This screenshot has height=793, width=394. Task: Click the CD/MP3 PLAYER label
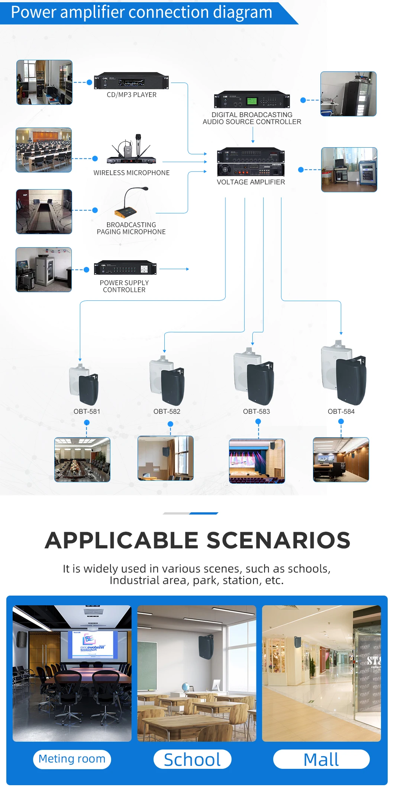pos(132,95)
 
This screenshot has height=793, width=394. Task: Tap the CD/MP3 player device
pos(131,81)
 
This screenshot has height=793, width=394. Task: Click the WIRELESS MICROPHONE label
pos(132,173)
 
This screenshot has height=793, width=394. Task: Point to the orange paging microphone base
pos(126,213)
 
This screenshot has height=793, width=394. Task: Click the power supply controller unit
pos(125,268)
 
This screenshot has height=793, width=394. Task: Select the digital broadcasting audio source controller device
pos(252,100)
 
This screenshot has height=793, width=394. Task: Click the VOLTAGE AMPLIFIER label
pos(251,182)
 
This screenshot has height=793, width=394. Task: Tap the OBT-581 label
pos(87,412)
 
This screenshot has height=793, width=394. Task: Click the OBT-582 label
pos(167,412)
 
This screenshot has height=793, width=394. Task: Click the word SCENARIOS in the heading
pos(278,541)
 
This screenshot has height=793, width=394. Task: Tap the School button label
pos(192,760)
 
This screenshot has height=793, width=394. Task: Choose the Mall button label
pos(321,760)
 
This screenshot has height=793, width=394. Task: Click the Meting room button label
pos(72,759)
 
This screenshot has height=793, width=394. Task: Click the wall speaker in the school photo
pos(206,647)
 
